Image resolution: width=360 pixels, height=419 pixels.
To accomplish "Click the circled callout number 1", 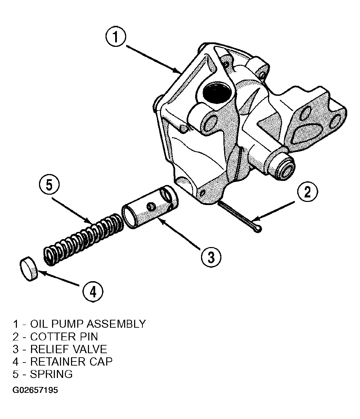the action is pyautogui.click(x=116, y=37).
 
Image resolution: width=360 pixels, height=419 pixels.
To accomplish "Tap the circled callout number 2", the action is pyautogui.click(x=308, y=192).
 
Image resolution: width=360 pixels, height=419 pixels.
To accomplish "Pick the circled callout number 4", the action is pyautogui.click(x=93, y=292).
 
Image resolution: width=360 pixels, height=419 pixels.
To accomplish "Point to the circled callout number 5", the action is pyautogui.click(x=49, y=185).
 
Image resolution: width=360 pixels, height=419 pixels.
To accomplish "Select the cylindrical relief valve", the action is pyautogui.click(x=150, y=207).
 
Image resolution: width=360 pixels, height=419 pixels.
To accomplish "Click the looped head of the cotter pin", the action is pyautogui.click(x=257, y=229).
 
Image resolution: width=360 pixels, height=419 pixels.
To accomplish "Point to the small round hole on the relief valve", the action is pyautogui.click(x=151, y=206).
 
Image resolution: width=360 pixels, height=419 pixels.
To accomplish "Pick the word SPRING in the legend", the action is pyautogui.click(x=51, y=374).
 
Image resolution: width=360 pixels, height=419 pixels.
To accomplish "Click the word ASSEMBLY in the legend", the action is pyautogui.click(x=116, y=324).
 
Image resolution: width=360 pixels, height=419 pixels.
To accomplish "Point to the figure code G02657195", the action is pyautogui.click(x=35, y=390).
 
